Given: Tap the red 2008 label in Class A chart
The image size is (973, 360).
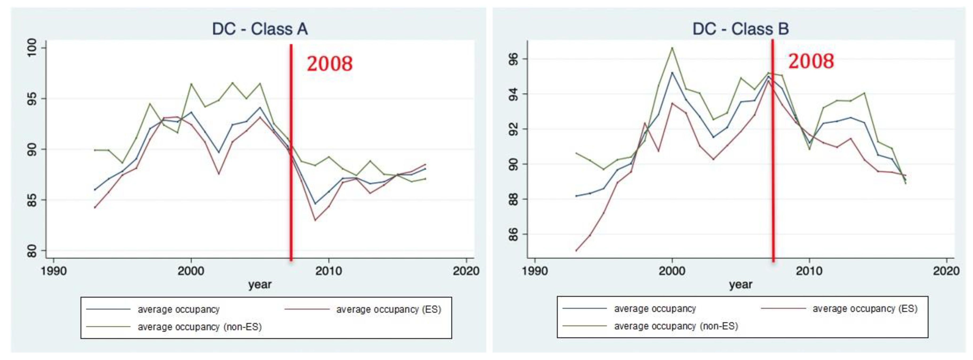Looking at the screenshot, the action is click(329, 63).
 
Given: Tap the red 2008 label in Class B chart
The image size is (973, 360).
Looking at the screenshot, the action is click(811, 61).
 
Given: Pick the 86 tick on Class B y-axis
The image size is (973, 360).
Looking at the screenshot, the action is click(513, 234).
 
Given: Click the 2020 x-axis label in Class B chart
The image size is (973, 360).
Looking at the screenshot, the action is click(946, 271).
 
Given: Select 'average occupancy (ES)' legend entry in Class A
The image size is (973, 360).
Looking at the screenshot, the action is click(388, 309).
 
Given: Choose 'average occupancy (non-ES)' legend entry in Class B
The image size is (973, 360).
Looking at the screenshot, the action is click(676, 326).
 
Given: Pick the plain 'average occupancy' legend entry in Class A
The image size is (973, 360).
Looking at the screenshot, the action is click(178, 309).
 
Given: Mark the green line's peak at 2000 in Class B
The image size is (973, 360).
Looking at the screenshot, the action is click(672, 48).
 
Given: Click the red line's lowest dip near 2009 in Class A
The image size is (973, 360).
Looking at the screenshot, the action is click(315, 220).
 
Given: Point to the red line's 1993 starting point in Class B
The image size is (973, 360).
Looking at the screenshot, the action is click(576, 251).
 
